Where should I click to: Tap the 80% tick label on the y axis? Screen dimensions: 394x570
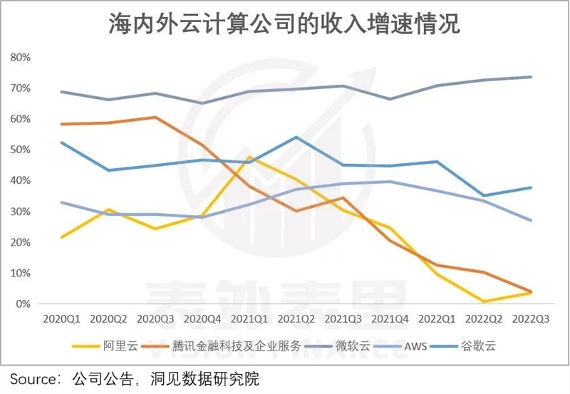pos(21,56)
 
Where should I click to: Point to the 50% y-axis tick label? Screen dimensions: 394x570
pos(21,150)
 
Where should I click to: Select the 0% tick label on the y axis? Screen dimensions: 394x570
pos(24,304)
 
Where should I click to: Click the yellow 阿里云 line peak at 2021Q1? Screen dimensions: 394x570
pos(249,157)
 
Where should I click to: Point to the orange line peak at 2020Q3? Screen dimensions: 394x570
pos(156,117)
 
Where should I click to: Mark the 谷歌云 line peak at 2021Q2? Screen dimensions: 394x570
pos(296,137)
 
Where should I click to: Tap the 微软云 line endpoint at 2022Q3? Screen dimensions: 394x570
pos(530,77)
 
